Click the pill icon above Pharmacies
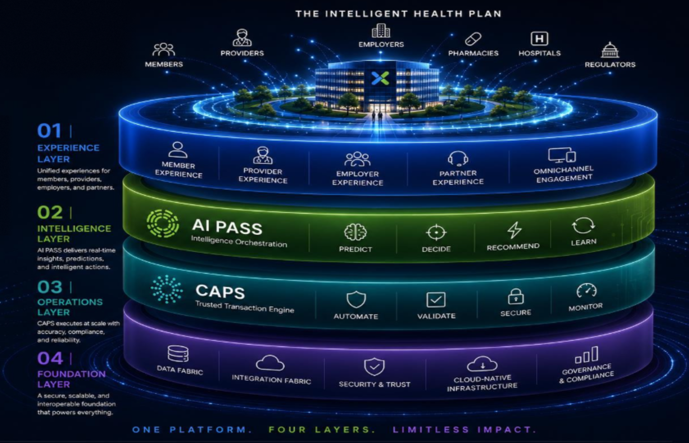(473, 39)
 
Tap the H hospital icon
(539, 38)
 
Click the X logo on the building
(380, 78)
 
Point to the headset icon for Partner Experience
(458, 158)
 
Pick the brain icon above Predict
(355, 232)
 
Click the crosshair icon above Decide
(436, 233)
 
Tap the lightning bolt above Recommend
(514, 230)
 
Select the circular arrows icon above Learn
(583, 226)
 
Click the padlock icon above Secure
(516, 297)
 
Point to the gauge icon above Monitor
(586, 290)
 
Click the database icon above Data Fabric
(178, 354)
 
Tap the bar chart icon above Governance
(587, 355)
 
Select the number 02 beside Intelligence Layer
(50, 212)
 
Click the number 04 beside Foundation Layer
(50, 358)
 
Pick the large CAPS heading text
(220, 292)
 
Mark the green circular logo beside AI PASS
(163, 223)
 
